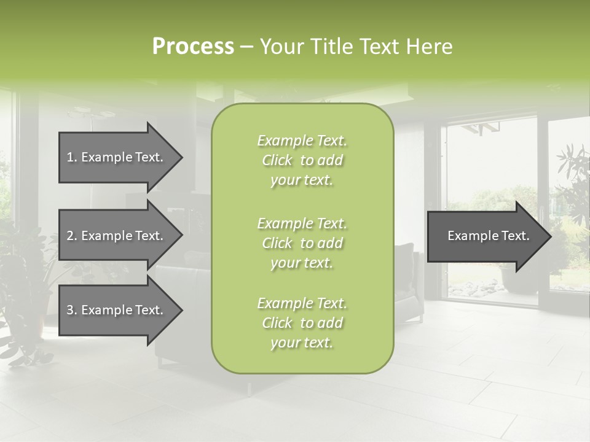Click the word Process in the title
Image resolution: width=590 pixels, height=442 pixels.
[x=193, y=47]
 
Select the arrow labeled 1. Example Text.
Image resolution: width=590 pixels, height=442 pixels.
[x=116, y=157]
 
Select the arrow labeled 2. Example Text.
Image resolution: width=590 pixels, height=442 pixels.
[x=116, y=236]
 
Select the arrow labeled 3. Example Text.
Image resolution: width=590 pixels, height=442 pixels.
[x=116, y=310]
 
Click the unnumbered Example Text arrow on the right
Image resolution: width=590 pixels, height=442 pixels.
[x=488, y=236]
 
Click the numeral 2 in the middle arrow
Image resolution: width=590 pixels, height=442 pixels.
[x=70, y=236]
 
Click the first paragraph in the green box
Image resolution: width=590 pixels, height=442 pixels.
[x=302, y=160]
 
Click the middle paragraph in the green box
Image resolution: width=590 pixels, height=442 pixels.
[x=302, y=243]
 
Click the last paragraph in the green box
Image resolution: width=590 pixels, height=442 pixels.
[x=302, y=323]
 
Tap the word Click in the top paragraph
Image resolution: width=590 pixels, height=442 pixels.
[x=277, y=160]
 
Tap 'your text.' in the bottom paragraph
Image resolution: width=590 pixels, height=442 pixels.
[x=302, y=343]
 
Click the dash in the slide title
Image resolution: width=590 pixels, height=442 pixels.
[x=246, y=47]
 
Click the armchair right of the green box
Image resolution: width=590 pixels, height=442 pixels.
[x=407, y=282]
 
